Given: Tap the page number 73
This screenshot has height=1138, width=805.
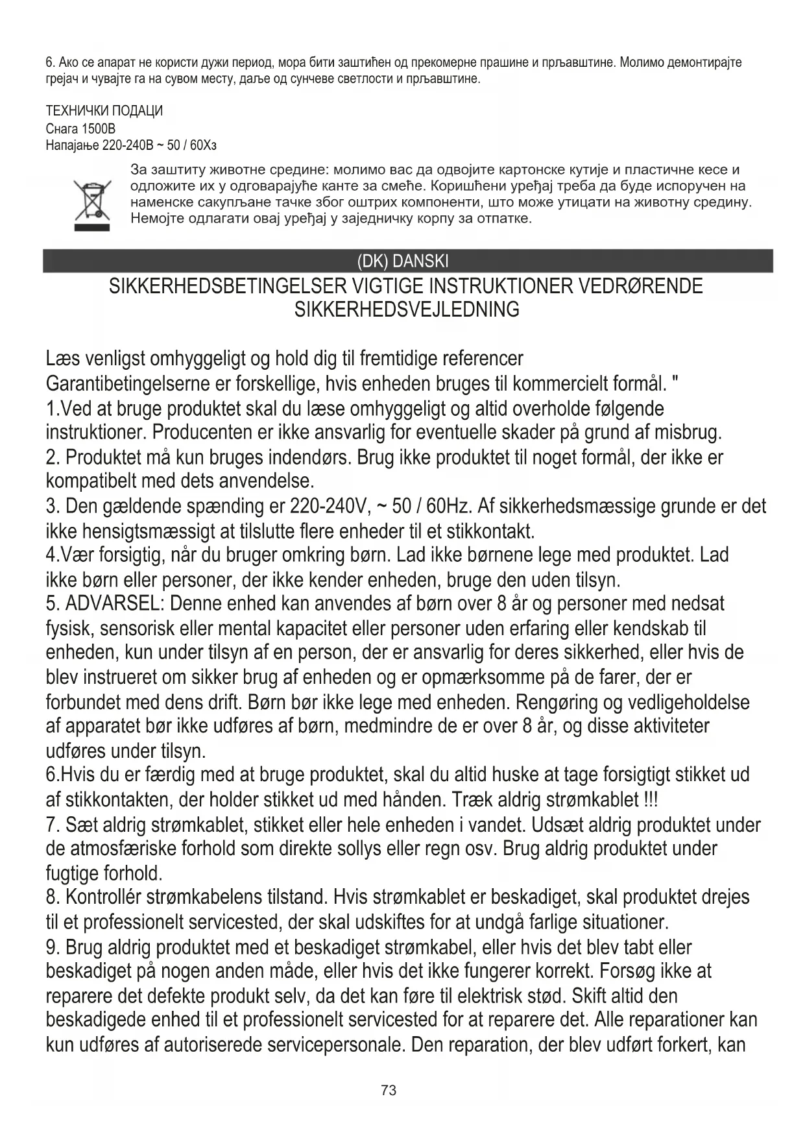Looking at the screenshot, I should pos(389,1090).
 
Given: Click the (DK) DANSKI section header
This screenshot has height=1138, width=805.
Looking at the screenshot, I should pos(402,261).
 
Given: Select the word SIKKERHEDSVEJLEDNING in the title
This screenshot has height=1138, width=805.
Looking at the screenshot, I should pos(407,309).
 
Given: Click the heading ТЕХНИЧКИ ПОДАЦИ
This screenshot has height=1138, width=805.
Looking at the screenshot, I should pos(104,111).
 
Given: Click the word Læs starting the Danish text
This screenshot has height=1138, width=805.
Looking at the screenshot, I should pos(62,358).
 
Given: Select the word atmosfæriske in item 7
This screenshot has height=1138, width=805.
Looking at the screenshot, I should pos(125,849).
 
